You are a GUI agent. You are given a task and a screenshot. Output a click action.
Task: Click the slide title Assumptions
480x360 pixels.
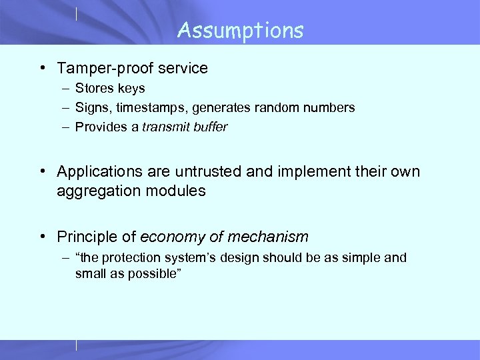tap(240, 30)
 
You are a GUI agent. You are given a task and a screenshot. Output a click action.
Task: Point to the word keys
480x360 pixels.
tap(131, 88)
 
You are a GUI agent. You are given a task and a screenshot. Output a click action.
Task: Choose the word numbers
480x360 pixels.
tap(331, 107)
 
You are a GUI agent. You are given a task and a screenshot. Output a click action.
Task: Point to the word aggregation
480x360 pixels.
tap(93, 191)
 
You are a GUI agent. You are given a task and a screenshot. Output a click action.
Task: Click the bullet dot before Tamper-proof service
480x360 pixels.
tap(42, 69)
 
